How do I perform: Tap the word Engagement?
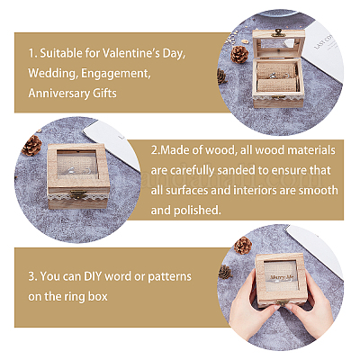coord(115,73)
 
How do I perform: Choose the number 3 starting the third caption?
coord(31,276)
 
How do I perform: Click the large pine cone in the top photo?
coord(239,54)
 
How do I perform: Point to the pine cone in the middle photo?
coord(31,145)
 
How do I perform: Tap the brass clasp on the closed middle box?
coord(78,194)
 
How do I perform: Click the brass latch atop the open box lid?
coord(278,32)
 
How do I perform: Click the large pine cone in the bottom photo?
coord(243,245)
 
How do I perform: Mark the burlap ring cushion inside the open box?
coord(277,85)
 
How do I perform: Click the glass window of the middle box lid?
coord(76,165)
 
